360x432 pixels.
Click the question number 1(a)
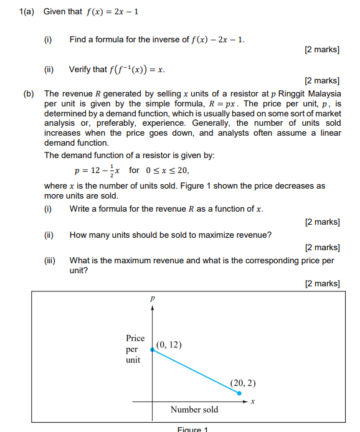click(27, 12)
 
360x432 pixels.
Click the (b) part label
click(29, 93)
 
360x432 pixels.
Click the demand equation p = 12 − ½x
click(99, 170)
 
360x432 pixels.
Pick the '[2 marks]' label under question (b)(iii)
click(322, 284)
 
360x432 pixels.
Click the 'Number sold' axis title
click(194, 410)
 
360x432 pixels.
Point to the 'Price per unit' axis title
click(134, 349)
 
